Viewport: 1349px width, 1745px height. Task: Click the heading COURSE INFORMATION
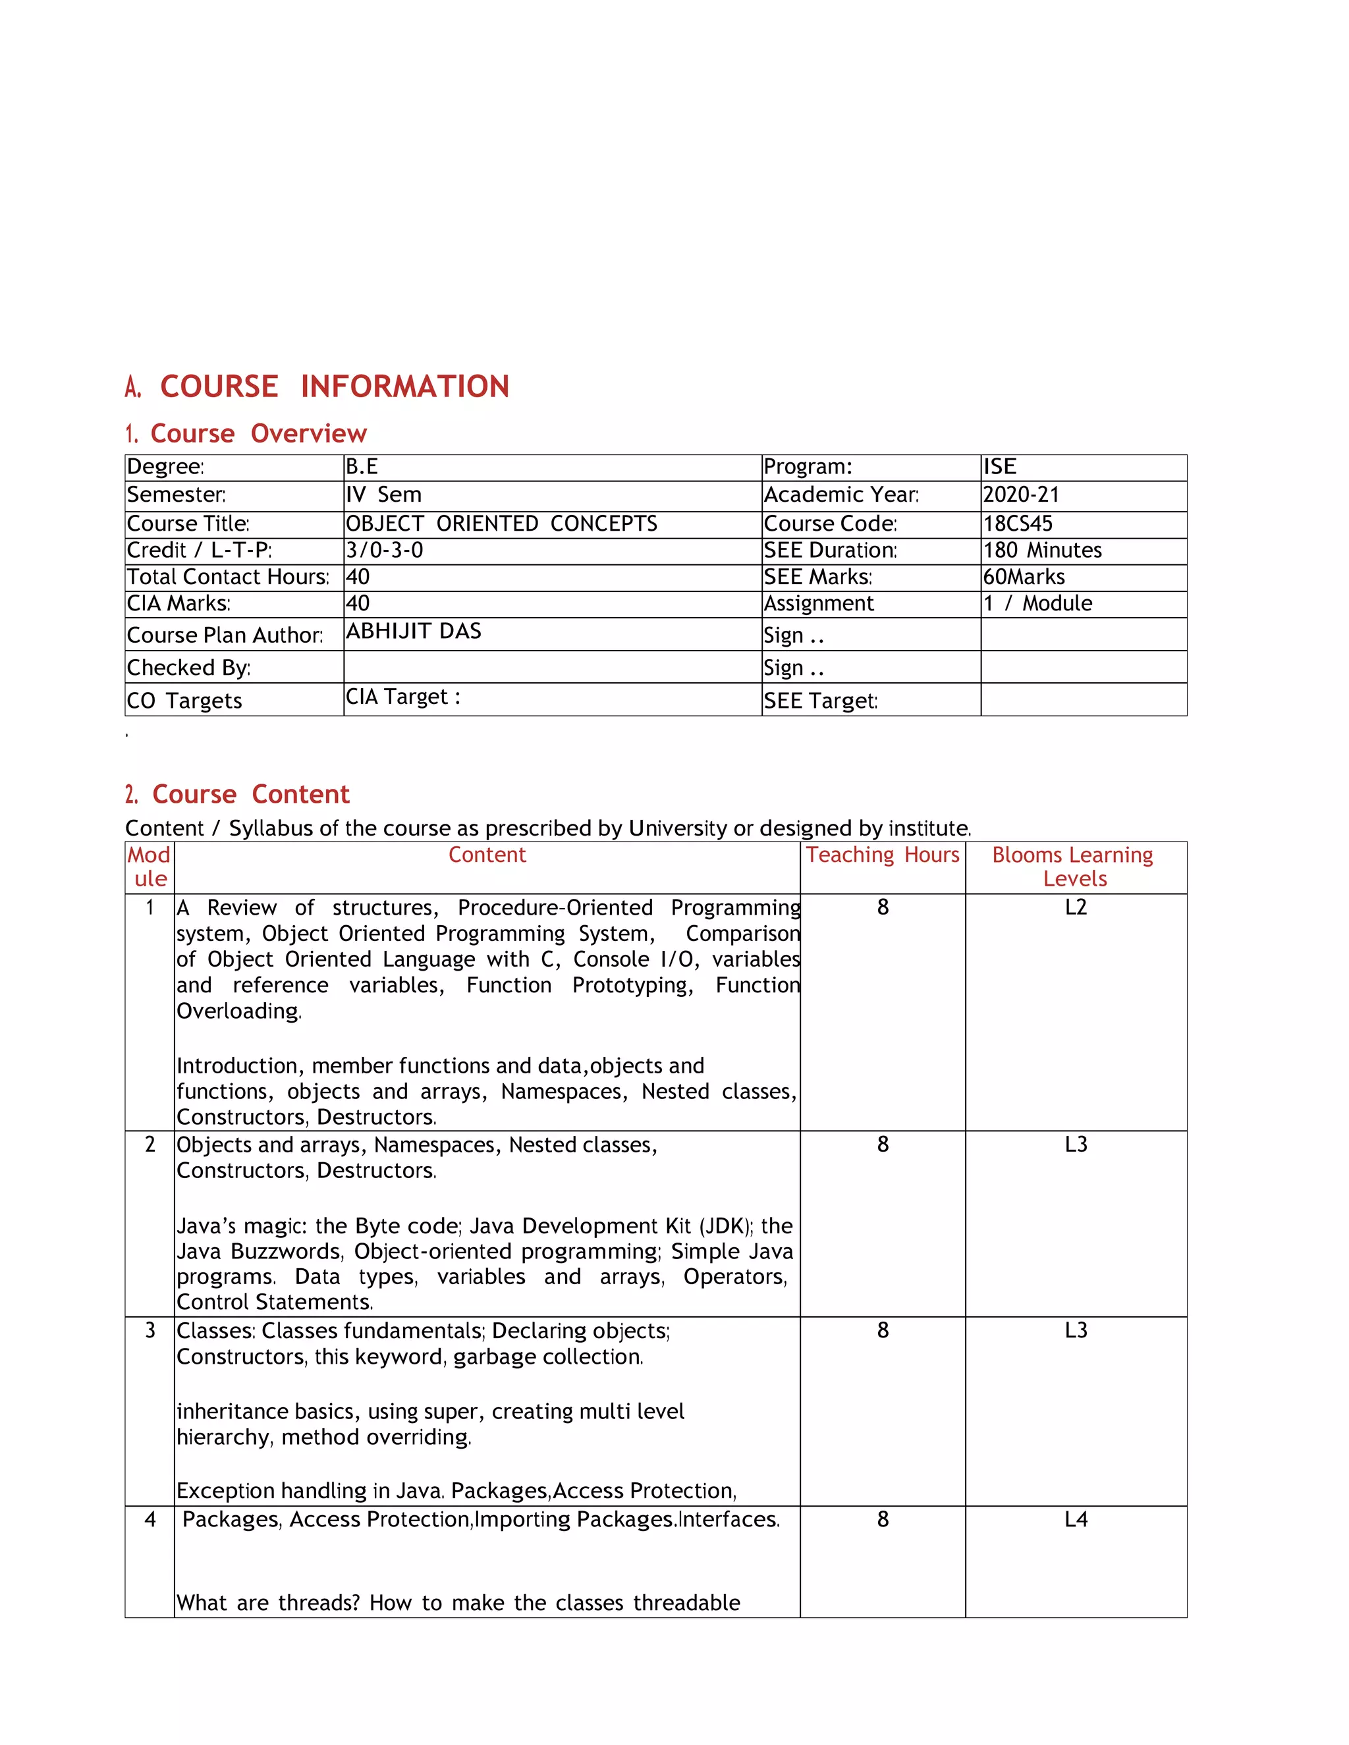click(334, 387)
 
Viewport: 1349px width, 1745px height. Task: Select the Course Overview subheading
click(258, 434)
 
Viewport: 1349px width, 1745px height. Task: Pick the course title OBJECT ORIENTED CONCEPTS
click(501, 524)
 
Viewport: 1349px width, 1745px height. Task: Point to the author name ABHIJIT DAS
click(413, 631)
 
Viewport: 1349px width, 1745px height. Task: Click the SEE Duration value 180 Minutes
click(1042, 550)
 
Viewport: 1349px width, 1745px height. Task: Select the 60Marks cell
click(1024, 577)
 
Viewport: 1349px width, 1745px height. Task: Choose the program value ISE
click(999, 467)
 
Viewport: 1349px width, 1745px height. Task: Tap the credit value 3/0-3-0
click(385, 550)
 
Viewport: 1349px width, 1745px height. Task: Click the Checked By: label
click(188, 668)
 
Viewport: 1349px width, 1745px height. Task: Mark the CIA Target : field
click(402, 697)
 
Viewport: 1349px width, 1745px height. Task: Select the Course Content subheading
click(250, 794)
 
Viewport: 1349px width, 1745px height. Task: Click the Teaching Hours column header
click(882, 855)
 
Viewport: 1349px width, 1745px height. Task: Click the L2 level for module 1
click(1076, 907)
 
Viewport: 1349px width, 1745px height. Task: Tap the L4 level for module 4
click(1076, 1520)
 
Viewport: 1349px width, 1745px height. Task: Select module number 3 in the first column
click(150, 1330)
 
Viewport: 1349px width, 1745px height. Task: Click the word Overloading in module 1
click(238, 1011)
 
